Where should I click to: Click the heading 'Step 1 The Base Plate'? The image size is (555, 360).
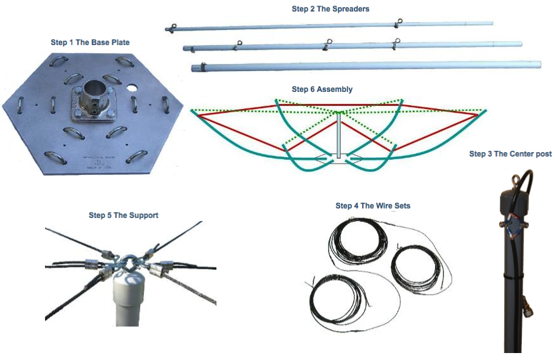(90, 42)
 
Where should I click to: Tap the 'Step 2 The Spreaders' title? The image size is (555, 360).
(330, 9)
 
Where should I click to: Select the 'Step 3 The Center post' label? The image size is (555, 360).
(511, 154)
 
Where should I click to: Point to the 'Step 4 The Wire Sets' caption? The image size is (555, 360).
(373, 206)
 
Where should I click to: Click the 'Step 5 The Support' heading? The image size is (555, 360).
(124, 215)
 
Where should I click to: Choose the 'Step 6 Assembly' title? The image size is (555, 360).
(322, 89)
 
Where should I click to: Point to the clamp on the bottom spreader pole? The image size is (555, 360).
(203, 66)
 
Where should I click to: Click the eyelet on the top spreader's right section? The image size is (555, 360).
(399, 22)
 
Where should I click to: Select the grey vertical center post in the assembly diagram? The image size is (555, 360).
(339, 136)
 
